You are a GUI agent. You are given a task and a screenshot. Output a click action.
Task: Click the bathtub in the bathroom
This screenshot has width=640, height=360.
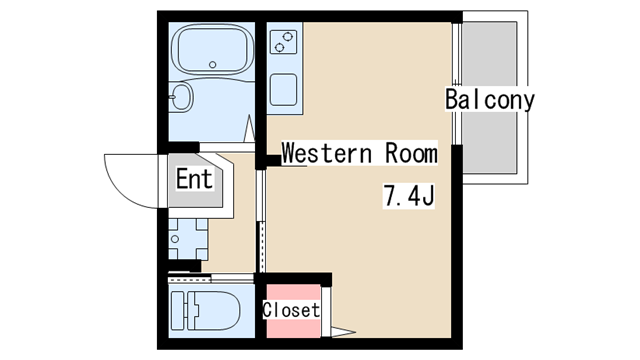(x=211, y=49)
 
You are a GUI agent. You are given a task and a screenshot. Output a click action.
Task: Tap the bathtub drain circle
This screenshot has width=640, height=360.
(x=212, y=64)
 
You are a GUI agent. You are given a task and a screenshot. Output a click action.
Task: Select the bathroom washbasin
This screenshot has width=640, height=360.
(x=181, y=97)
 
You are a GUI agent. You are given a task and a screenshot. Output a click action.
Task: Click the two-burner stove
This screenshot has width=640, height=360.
(x=283, y=42)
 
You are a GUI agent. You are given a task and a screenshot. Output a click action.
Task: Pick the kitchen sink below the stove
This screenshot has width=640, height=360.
(x=283, y=89)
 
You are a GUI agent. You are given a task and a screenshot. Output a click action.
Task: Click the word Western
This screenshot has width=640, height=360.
(x=327, y=153)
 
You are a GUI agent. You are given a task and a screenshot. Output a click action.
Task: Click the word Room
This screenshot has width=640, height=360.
(x=411, y=153)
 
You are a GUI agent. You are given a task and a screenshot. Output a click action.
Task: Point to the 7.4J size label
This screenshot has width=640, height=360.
(x=409, y=196)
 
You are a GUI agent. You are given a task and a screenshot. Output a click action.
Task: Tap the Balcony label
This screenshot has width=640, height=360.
(x=490, y=99)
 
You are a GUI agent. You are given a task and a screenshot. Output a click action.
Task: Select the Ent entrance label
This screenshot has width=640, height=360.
(x=194, y=179)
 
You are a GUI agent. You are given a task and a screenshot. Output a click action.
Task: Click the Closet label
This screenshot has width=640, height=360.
(x=291, y=310)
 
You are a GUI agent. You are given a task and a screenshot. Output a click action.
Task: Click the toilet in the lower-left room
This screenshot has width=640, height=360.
(x=205, y=311)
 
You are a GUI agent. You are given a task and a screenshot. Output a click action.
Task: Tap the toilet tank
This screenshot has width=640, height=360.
(x=178, y=311)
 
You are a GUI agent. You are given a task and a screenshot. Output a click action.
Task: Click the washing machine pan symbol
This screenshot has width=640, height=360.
(x=188, y=239)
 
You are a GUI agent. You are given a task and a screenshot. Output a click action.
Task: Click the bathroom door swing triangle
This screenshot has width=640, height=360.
(x=249, y=129)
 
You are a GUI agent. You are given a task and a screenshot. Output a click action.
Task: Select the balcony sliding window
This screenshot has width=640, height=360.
(x=457, y=84)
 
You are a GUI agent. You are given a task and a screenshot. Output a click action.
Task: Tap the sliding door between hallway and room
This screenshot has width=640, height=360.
(x=261, y=221)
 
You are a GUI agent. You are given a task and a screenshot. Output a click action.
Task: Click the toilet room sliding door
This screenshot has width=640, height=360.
(x=211, y=279)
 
